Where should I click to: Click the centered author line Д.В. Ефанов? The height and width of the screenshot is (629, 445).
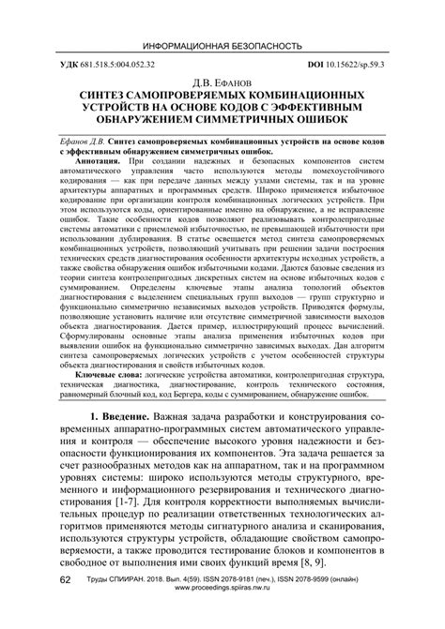point(222,83)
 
